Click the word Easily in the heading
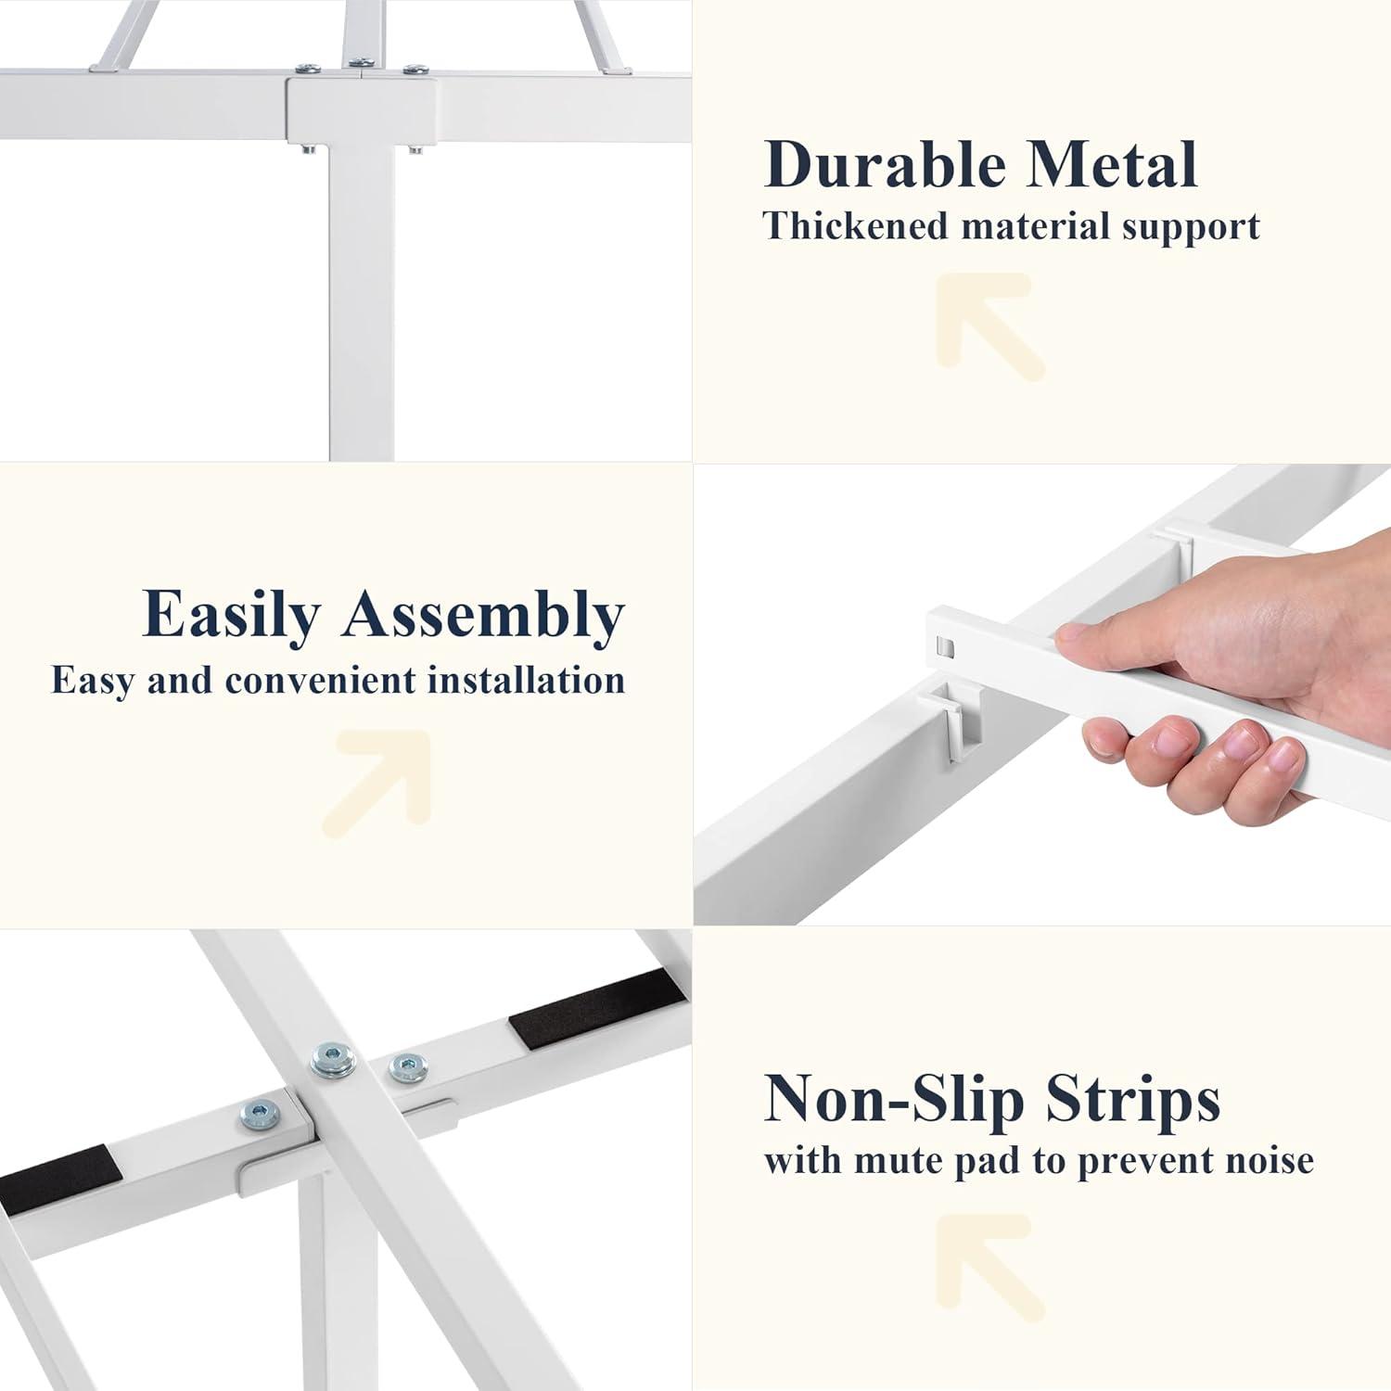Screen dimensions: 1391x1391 click(x=232, y=616)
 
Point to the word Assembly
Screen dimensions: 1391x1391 click(x=483, y=616)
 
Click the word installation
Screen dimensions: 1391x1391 click(x=526, y=680)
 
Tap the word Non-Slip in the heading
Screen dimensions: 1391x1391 click(x=894, y=1099)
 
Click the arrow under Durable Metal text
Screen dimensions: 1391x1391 click(x=989, y=325)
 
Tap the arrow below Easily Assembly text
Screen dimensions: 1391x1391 click(x=377, y=784)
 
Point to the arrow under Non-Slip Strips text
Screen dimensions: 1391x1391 click(x=989, y=1267)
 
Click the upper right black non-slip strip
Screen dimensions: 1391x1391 click(x=597, y=1009)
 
